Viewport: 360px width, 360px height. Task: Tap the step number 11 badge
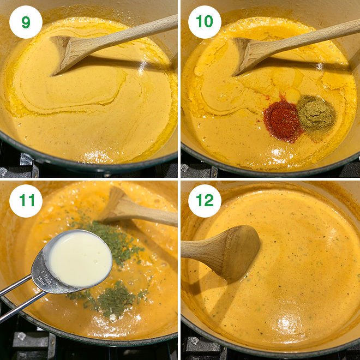(x=26, y=201)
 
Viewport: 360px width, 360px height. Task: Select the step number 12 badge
(x=205, y=201)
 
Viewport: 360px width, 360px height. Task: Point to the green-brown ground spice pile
(x=316, y=113)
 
